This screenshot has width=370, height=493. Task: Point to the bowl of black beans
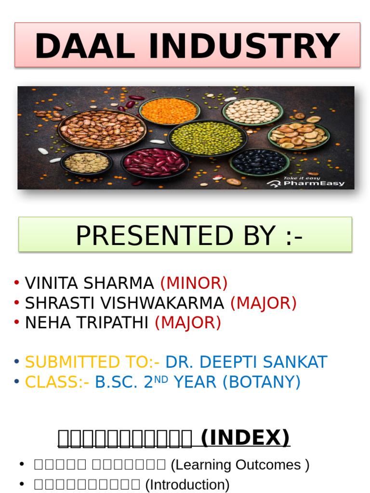click(260, 162)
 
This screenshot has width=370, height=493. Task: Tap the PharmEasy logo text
click(315, 183)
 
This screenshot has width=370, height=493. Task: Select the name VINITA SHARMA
click(89, 283)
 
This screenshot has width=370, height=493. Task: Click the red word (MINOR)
click(194, 283)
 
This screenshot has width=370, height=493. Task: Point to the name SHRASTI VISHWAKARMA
click(124, 303)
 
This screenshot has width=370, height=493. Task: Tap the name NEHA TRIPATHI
click(87, 323)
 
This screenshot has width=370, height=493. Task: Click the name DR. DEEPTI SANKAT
click(246, 362)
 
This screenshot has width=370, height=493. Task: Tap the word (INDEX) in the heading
click(245, 438)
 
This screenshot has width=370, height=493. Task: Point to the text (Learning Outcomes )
click(240, 465)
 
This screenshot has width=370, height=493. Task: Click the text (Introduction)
click(187, 484)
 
